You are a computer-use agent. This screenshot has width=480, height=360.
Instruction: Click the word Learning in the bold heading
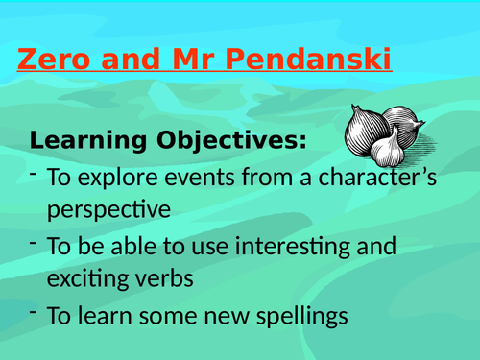82,141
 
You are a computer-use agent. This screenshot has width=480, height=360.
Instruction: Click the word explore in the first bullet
115,178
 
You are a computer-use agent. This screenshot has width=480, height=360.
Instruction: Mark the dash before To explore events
34,174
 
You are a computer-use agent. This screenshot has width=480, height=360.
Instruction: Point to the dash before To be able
34,243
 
